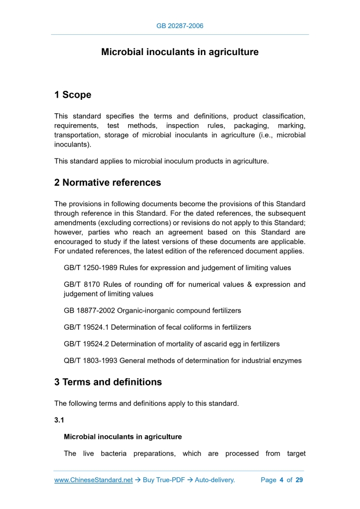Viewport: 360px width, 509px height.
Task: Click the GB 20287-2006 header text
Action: [180, 25]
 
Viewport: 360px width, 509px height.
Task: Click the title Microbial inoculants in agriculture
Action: [180, 52]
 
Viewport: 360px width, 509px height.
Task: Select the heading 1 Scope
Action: [73, 95]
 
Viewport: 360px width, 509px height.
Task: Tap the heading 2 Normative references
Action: [108, 183]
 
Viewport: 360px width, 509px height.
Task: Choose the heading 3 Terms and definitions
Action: [108, 382]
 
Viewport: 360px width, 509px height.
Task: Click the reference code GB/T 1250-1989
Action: [90, 268]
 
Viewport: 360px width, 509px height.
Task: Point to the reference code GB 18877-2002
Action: [89, 311]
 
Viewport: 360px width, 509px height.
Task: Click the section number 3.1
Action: [59, 421]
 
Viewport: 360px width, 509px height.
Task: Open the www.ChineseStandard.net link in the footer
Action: [94, 480]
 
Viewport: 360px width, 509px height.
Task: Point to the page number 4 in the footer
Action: [281, 480]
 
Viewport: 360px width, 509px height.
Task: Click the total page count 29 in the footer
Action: [299, 480]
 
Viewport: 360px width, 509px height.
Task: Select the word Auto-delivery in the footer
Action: [215, 480]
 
